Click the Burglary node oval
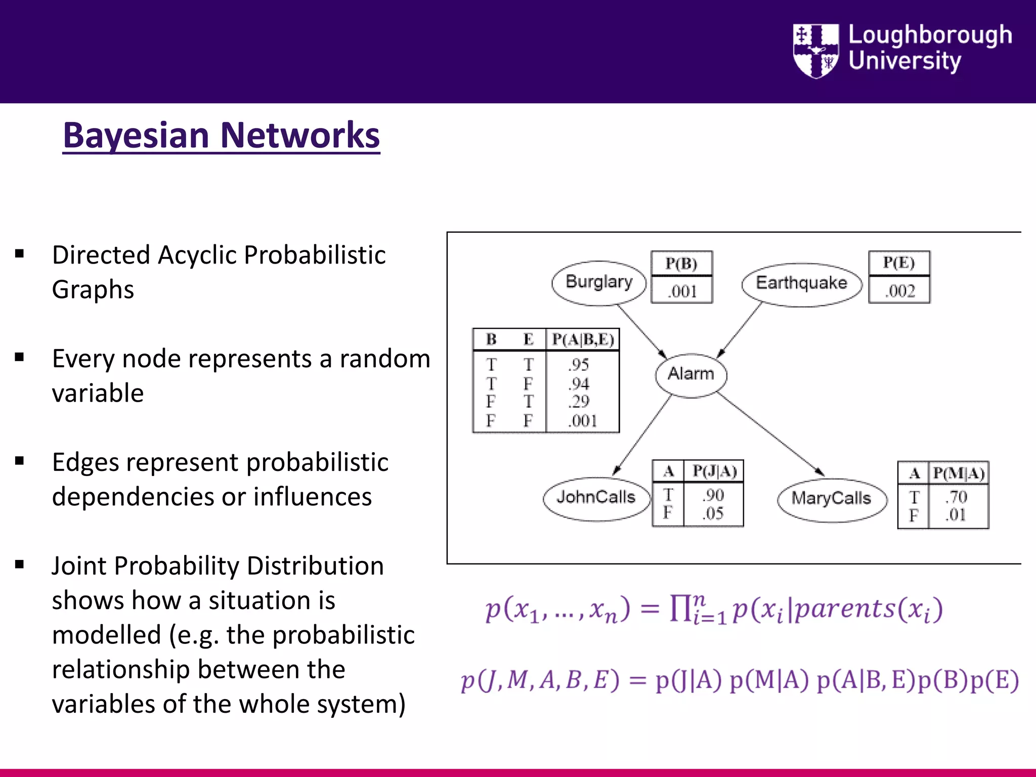click(599, 282)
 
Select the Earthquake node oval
click(801, 284)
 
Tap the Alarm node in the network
click(691, 374)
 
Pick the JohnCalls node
click(596, 498)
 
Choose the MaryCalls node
click(832, 499)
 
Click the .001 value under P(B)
click(682, 291)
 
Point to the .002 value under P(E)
click(900, 291)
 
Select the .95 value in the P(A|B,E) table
click(579, 364)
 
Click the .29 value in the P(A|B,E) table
click(579, 402)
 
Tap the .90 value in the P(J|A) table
click(713, 495)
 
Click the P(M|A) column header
click(959, 473)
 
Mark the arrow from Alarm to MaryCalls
click(770, 434)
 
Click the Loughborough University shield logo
click(815, 51)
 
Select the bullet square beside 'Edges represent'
click(20, 461)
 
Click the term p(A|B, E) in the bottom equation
click(866, 681)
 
